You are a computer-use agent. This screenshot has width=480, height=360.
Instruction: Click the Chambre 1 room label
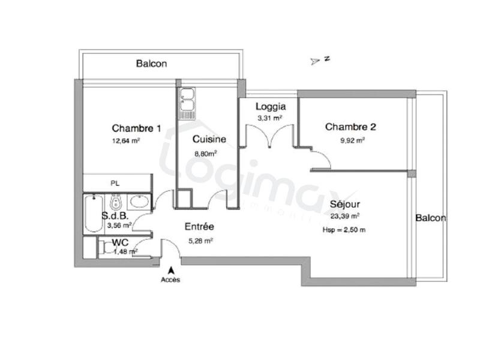coord(136,128)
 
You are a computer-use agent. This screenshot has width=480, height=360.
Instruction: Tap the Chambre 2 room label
coord(350,127)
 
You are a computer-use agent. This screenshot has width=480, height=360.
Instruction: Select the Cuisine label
coord(209,139)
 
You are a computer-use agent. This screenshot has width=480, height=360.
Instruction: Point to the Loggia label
coord(270,107)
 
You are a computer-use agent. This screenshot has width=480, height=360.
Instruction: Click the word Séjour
coord(344,203)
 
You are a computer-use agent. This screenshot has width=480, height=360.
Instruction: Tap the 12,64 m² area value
coord(125,142)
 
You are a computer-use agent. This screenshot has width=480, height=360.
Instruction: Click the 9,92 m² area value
coord(352,141)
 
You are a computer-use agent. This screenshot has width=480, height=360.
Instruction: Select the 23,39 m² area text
coord(345,216)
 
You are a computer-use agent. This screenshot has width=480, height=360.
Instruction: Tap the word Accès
coord(170,280)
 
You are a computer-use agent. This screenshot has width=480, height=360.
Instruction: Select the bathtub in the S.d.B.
coord(93,214)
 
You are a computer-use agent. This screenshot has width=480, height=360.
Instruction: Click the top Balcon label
coord(151,63)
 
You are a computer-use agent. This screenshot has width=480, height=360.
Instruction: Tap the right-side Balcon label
coord(431,218)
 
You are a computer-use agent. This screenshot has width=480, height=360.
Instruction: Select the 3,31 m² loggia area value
coord(269,118)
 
